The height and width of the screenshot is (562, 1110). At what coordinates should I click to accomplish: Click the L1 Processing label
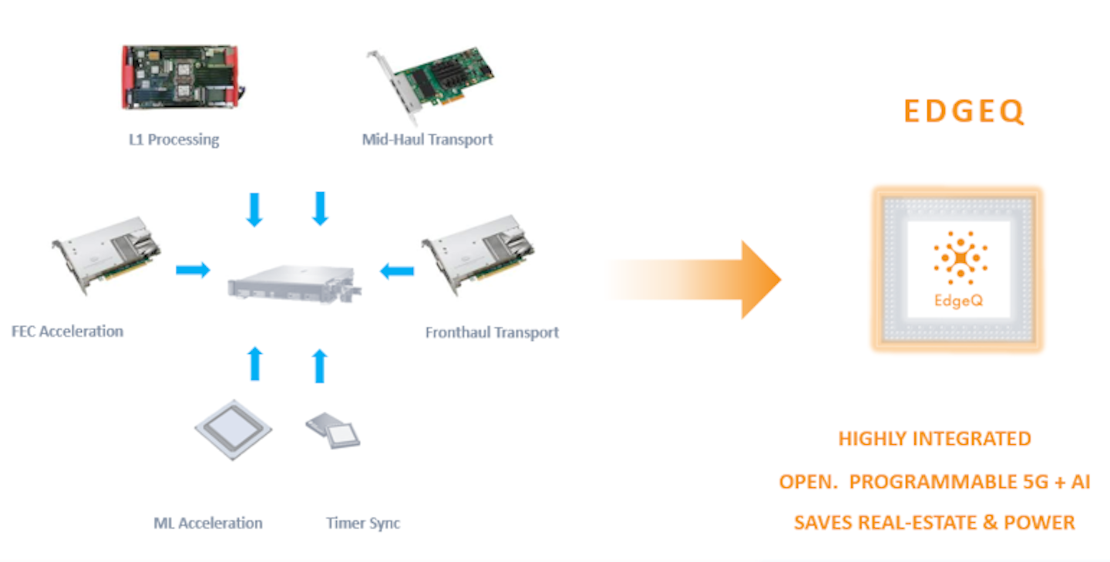[173, 140]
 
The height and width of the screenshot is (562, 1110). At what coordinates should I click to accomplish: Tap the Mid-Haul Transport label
[427, 140]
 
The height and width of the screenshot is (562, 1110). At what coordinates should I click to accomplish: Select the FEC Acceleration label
[68, 331]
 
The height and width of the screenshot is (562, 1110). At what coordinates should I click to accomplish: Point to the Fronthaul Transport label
[492, 332]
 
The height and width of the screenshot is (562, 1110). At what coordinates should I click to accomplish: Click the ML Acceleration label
[208, 523]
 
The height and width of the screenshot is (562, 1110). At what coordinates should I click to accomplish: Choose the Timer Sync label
[363, 523]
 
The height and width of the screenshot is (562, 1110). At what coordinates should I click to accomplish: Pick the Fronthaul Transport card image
[478, 254]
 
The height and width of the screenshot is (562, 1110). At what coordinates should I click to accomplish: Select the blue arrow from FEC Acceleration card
[193, 270]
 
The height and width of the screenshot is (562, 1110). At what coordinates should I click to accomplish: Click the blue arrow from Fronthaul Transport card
[397, 271]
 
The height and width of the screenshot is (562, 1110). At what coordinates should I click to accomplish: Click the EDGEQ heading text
[964, 113]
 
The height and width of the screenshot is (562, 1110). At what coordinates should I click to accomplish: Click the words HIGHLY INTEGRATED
[934, 439]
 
